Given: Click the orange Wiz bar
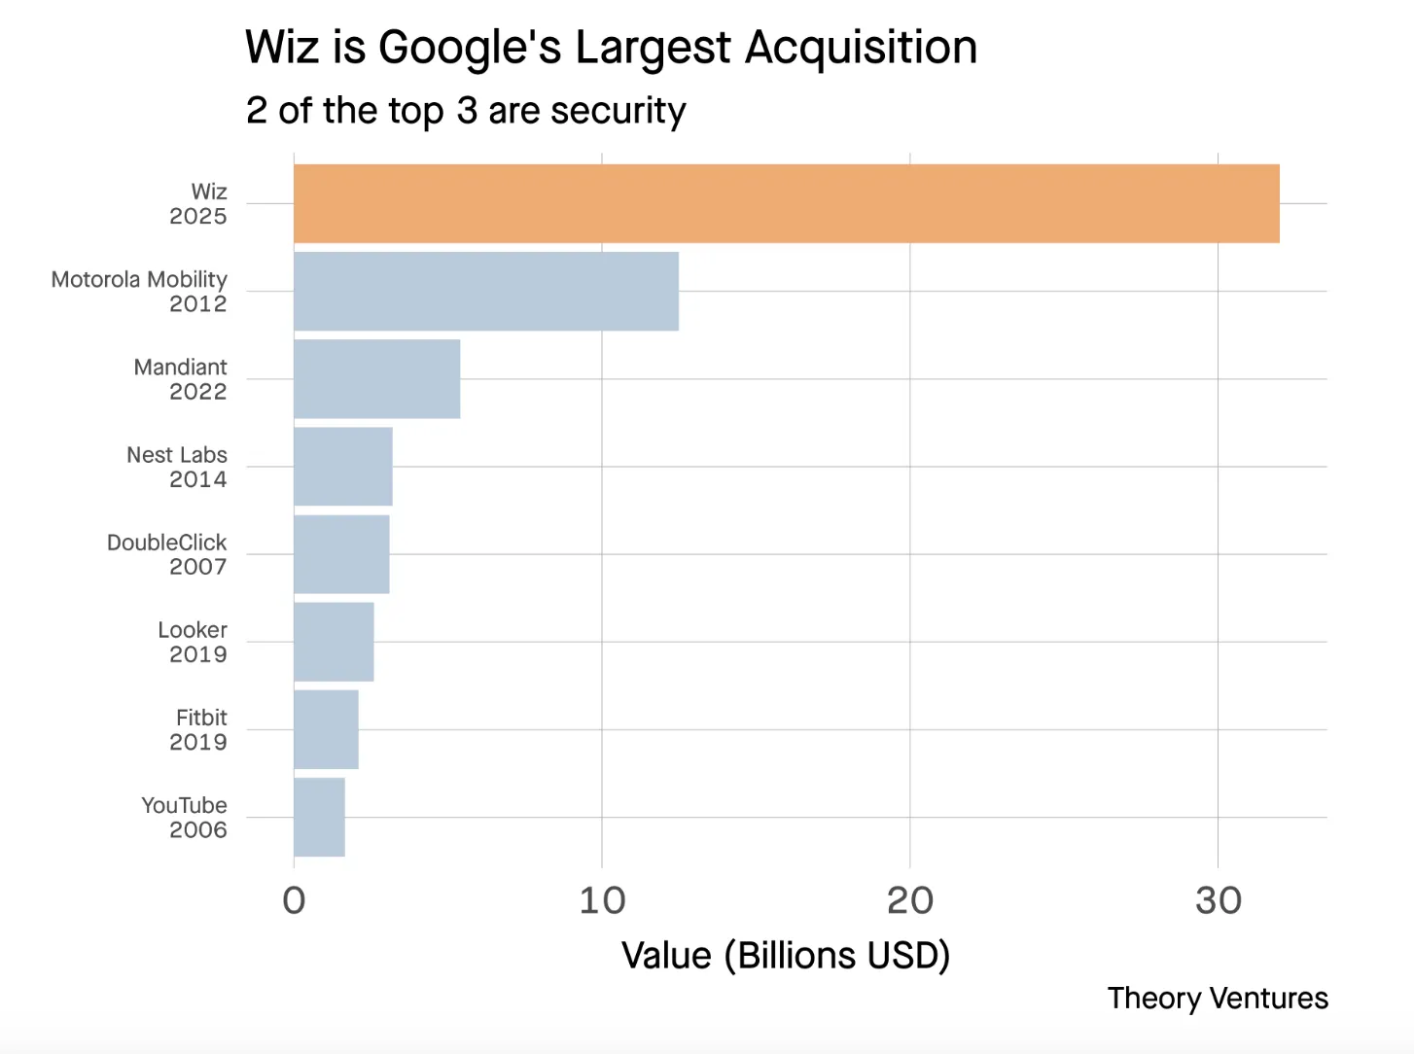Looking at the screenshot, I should click(x=786, y=203).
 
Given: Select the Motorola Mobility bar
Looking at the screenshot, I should click(x=486, y=291).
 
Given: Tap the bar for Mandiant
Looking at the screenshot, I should click(x=377, y=378).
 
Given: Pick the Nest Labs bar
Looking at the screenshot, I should click(x=343, y=466).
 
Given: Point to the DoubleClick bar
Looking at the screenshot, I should click(x=341, y=553).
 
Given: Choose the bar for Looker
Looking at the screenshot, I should click(x=334, y=641).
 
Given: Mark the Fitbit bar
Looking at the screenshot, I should click(x=326, y=729).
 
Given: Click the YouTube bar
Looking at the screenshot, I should click(x=319, y=817).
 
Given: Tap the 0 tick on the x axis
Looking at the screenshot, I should click(x=294, y=900).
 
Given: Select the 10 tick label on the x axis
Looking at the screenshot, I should click(x=602, y=900).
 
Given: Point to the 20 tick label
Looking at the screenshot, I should click(x=910, y=900).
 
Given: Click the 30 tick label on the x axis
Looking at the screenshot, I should click(x=1218, y=900).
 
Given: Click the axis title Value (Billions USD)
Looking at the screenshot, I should click(x=786, y=955).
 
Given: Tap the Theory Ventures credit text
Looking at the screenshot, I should click(x=1218, y=998).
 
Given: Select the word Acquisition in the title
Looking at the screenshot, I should click(x=861, y=47).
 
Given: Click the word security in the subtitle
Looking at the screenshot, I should click(x=618, y=111).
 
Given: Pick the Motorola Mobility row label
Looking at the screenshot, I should click(x=139, y=279).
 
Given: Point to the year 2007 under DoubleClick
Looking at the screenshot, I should click(x=197, y=567).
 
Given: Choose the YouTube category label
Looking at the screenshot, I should click(x=184, y=805).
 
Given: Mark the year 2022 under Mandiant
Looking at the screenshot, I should click(x=197, y=392).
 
